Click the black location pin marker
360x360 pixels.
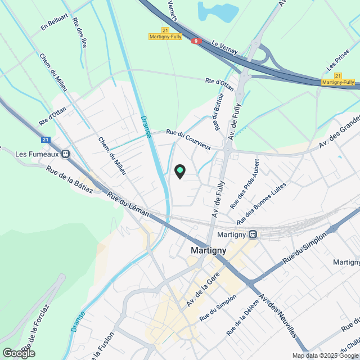pyautogui.click(x=180, y=171)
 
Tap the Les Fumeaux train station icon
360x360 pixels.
pyautogui.click(x=66, y=154)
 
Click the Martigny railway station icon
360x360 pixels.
pyautogui.click(x=254, y=234)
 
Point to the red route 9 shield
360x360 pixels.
pyautogui.click(x=196, y=41)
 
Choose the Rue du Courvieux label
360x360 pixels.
pyautogui.click(x=188, y=139)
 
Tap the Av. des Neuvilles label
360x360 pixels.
pyautogui.click(x=277, y=316)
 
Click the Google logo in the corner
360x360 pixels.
pyautogui.click(x=18, y=353)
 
